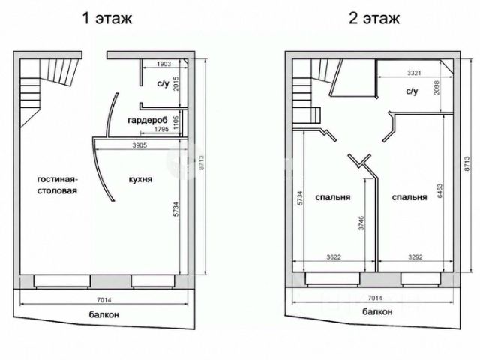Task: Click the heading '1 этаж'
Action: (107, 18)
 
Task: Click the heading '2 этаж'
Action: (374, 18)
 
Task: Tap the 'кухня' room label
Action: (140, 179)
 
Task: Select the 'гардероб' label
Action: (148, 120)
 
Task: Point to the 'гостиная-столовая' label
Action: (57, 185)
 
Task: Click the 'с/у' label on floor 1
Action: (163, 83)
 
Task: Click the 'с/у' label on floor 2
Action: (412, 91)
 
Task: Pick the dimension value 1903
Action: (163, 64)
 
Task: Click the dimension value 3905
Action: (139, 145)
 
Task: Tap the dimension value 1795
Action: (161, 129)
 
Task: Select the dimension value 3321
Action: (414, 73)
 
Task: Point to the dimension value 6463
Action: (440, 190)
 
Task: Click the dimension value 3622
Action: (333, 256)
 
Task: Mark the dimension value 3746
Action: (361, 223)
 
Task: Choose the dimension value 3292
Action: (415, 256)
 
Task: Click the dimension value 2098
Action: (436, 88)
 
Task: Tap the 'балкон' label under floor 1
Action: (104, 315)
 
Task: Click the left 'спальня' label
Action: (333, 197)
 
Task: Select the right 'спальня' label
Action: (409, 197)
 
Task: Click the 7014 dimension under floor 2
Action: (375, 298)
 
